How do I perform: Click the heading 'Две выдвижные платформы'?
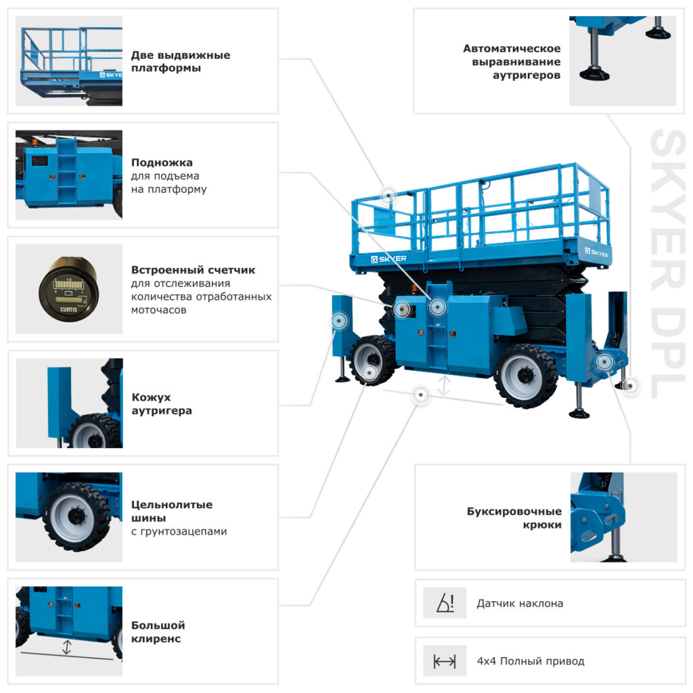pos(180,62)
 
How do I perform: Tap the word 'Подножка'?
pos(162,162)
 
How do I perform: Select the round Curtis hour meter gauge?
pos(68,290)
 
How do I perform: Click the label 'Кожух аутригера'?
pos(162,404)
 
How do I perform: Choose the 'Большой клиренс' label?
pos(158,632)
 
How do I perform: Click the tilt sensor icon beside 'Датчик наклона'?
pos(445,603)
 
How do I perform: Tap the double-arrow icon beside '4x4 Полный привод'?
pos(445,661)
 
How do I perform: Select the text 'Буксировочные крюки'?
pos(514,518)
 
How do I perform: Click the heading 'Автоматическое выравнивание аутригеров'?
pos(512,62)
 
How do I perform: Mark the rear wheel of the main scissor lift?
pos(525,376)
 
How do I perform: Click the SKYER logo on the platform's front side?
pos(388,259)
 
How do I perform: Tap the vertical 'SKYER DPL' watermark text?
pos(667,263)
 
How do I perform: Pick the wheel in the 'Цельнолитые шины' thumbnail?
pos(76,516)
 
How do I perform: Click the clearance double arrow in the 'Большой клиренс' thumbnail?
pos(67,647)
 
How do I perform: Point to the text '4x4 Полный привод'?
pos(531,661)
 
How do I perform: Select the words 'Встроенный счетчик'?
pos(193,270)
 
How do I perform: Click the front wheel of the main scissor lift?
pos(373,360)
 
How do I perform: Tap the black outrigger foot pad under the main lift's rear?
pos(579,413)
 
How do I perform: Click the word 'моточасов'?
pos(158,310)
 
